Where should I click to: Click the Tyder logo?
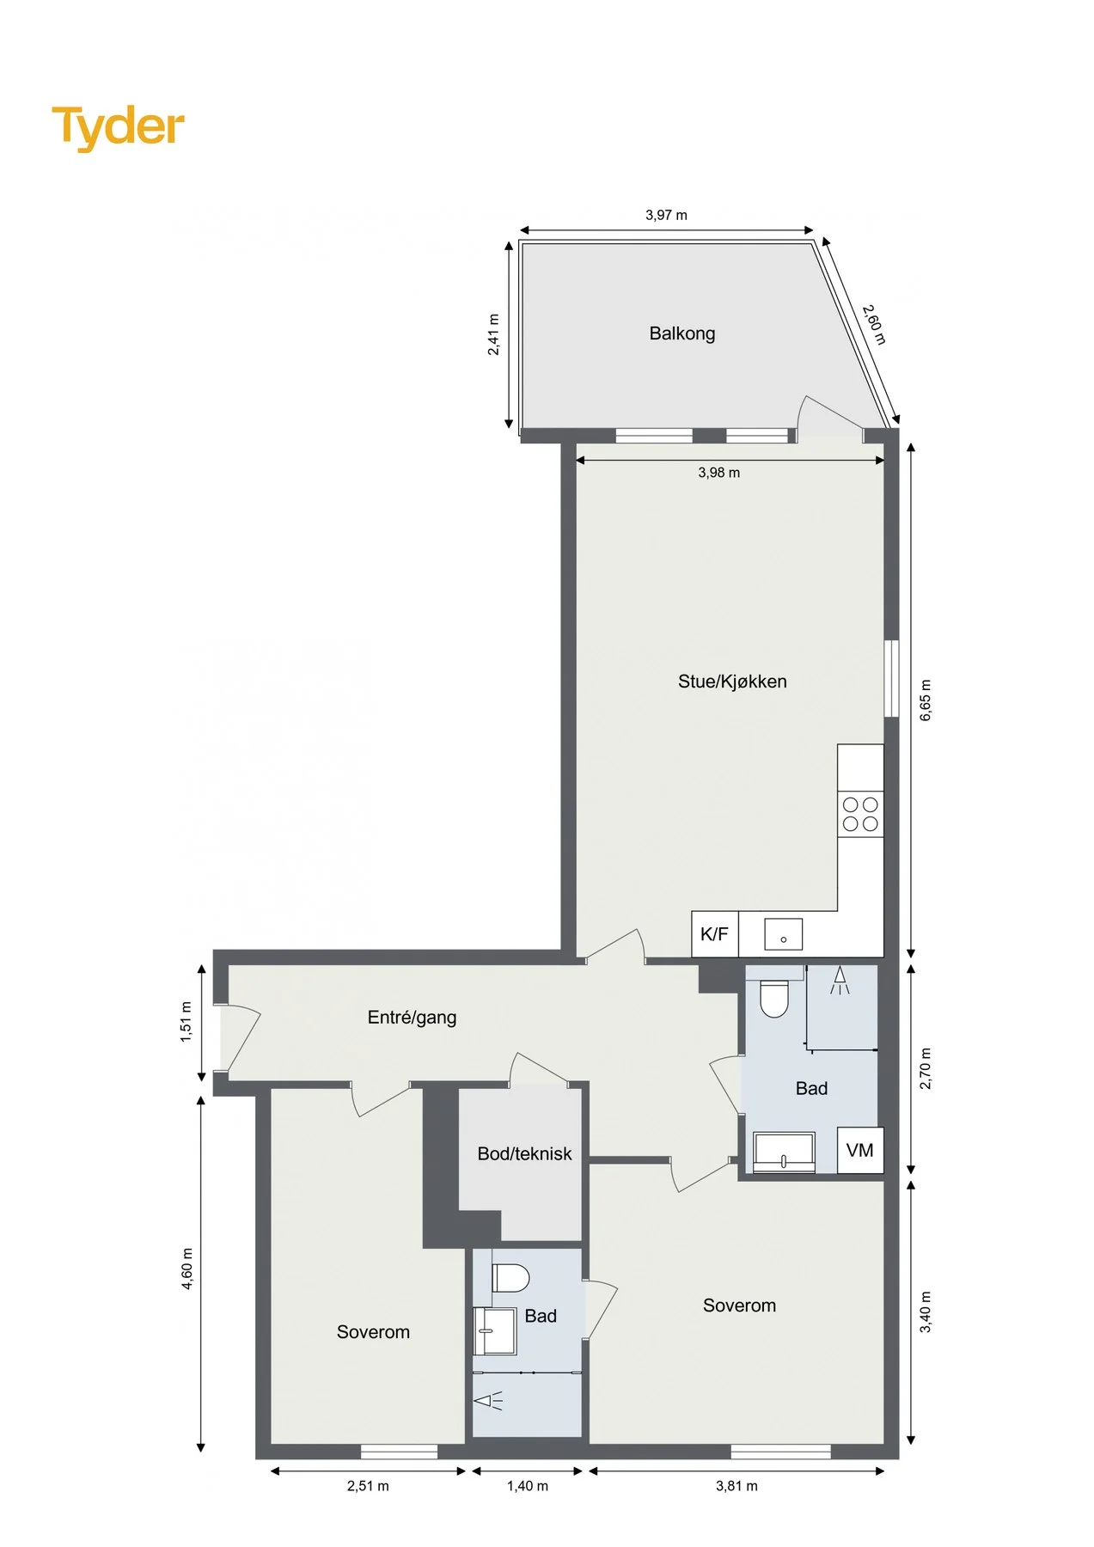coord(118,127)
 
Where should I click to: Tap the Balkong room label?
coord(682,333)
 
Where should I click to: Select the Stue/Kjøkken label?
coord(732,682)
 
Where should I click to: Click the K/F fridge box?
coord(715,934)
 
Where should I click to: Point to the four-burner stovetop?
coord(860,815)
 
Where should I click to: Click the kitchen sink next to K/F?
coord(783,934)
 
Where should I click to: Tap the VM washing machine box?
coord(860,1150)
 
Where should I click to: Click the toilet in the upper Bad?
coord(774,999)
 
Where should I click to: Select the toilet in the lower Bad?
coord(510,1278)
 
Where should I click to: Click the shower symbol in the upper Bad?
coord(840,981)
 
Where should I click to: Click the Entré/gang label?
coord(412,1018)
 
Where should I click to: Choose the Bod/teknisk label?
coord(524,1154)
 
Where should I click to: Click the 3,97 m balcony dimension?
coord(666,216)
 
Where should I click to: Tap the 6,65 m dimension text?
coord(926,700)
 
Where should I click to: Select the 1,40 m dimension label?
coord(527,1486)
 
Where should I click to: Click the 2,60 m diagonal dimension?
coord(874,324)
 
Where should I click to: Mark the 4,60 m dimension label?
coord(187,1269)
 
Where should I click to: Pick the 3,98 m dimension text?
coord(718,473)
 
